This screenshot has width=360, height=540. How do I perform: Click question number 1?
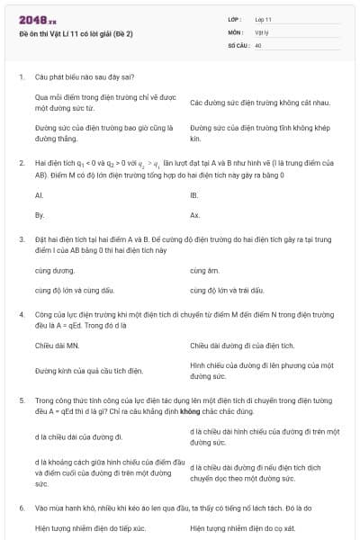click(x=21, y=77)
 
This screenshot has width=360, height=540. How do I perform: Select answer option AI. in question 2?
click(x=39, y=194)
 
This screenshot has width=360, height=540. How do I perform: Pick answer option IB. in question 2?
click(x=194, y=194)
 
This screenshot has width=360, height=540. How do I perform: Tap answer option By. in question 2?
click(x=40, y=215)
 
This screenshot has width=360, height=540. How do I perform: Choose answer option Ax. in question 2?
click(x=195, y=215)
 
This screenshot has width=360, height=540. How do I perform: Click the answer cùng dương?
click(x=55, y=270)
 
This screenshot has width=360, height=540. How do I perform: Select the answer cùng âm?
click(x=205, y=270)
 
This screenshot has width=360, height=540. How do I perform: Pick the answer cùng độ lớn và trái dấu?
click(x=228, y=291)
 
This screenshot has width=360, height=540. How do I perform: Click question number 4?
click(x=21, y=314)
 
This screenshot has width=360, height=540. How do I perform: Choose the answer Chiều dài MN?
click(x=58, y=345)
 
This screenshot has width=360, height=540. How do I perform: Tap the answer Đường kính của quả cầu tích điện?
click(x=89, y=370)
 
